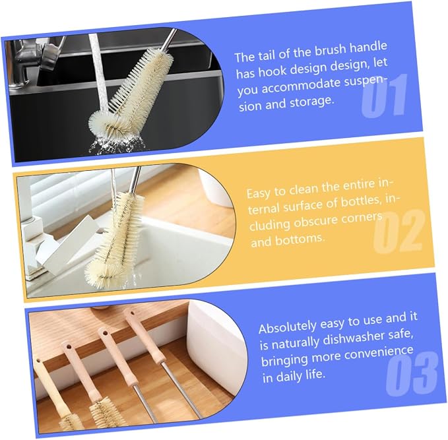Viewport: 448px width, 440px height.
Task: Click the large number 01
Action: coord(385,95)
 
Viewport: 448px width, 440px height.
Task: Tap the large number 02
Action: coord(399,231)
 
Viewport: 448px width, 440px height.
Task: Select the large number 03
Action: coord(412,373)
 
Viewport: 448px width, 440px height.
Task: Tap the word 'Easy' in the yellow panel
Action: coord(259,193)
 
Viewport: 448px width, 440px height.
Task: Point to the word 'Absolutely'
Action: coord(288,327)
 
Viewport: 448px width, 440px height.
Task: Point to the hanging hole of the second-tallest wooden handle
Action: coord(105,333)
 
